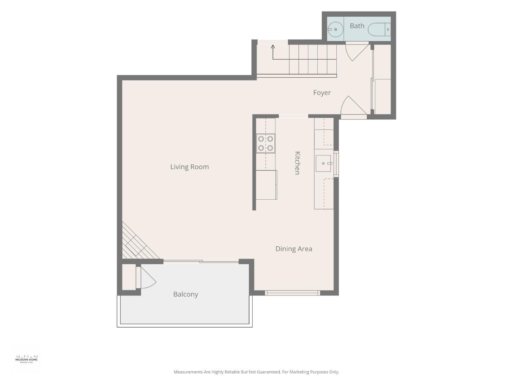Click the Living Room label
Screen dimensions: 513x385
coord(189,167)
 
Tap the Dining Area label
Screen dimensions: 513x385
coord(294,249)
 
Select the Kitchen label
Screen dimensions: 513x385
coord(297,163)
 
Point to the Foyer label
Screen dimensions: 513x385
coord(322,93)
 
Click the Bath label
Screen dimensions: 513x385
coord(357,26)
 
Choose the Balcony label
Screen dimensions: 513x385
coord(186,294)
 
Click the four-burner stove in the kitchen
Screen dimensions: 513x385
coord(265,143)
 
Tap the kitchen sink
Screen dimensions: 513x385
coord(323,163)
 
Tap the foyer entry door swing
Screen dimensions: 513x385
coord(353,106)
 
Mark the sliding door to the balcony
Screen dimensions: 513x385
coord(201,262)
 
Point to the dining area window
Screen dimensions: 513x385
coord(292,293)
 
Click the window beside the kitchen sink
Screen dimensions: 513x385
coord(336,164)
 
